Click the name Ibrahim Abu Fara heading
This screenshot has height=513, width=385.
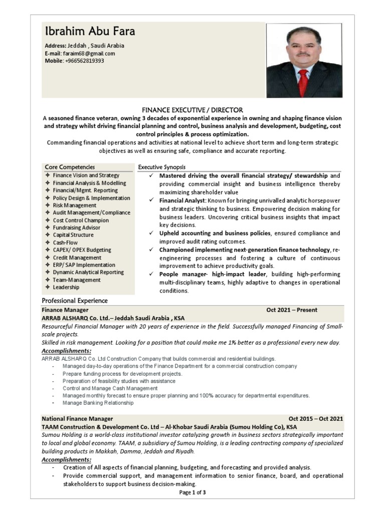(x=90, y=32)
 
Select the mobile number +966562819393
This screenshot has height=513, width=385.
(x=85, y=61)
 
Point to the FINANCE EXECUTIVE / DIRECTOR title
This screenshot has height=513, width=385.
(x=192, y=110)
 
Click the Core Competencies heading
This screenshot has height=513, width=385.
(x=70, y=167)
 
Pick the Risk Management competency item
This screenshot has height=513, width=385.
(x=74, y=205)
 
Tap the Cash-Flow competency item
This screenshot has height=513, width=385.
(x=65, y=242)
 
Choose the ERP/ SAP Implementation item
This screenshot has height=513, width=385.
(x=84, y=265)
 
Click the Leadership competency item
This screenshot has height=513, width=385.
(x=66, y=287)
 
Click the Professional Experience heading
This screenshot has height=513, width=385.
(x=75, y=301)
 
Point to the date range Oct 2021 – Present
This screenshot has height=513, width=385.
(x=292, y=310)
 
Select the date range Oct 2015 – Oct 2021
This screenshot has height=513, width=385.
(x=316, y=419)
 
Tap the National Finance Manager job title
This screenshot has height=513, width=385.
(x=77, y=419)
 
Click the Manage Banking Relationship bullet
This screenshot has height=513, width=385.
(x=98, y=403)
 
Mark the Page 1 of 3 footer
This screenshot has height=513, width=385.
(x=192, y=492)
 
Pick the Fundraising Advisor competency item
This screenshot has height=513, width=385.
(x=76, y=227)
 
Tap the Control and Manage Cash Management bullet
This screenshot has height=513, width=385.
(x=110, y=388)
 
